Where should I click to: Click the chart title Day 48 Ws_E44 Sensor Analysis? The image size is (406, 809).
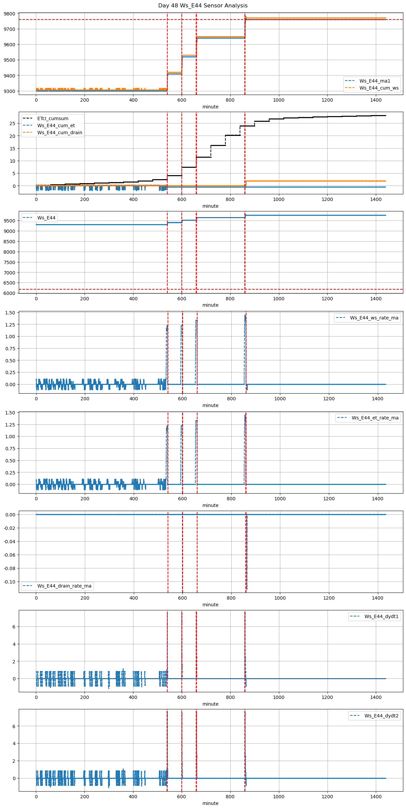click(203, 6)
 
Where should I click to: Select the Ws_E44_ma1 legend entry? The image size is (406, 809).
click(375, 81)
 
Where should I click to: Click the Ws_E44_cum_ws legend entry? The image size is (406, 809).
click(379, 88)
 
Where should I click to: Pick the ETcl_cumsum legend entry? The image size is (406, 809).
click(53, 118)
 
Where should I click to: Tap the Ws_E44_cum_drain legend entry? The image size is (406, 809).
click(60, 133)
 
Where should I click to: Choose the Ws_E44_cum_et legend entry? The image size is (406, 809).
click(56, 125)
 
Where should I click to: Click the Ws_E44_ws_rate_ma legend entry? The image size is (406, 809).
click(374, 318)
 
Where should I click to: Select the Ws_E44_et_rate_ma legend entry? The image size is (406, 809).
click(375, 418)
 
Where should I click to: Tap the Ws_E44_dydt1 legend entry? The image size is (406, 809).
click(382, 616)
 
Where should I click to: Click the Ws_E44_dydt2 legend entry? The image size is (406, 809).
click(382, 716)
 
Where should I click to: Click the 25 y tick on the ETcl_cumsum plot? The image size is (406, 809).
click(13, 123)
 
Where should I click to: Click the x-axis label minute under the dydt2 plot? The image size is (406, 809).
click(211, 803)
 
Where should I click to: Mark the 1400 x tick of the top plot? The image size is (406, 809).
click(376, 100)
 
